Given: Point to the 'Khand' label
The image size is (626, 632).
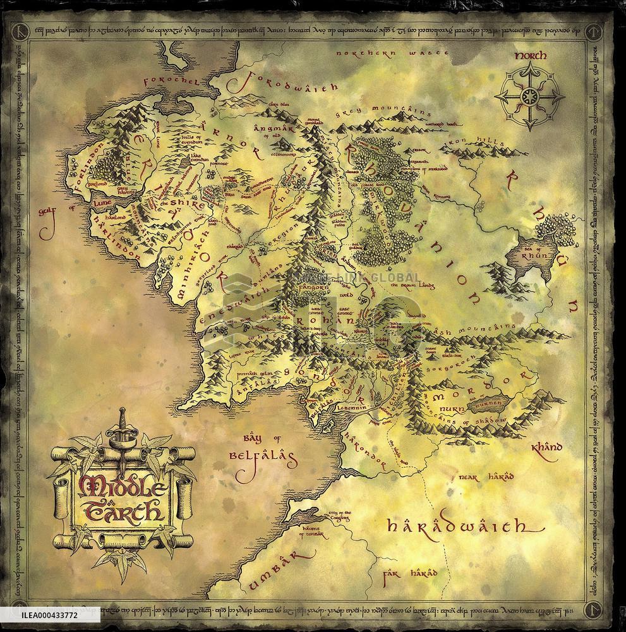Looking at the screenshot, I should pos(546,447).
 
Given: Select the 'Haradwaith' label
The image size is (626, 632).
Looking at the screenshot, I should pos(456,526).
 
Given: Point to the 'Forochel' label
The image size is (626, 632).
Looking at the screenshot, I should pos(172,81).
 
